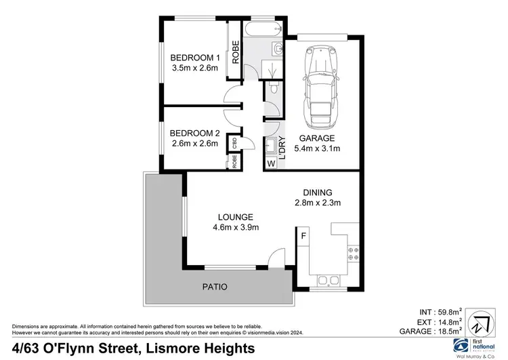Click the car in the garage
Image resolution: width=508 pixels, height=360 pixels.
tap(321, 87)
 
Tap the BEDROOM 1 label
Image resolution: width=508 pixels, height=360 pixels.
tap(194, 58)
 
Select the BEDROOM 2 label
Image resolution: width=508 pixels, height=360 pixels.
tap(194, 133)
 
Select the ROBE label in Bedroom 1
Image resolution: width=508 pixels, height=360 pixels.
tap(235, 52)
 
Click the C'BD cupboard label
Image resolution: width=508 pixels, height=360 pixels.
tap(234, 143)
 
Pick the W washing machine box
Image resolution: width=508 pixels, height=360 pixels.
tap(271, 163)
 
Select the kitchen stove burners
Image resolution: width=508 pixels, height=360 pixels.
tap(352, 253)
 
